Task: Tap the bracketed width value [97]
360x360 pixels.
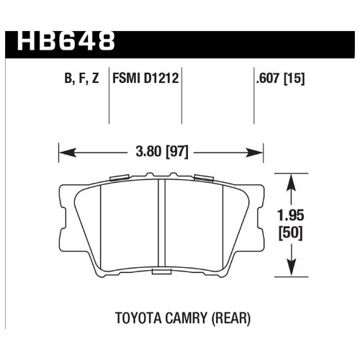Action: (x=175, y=152)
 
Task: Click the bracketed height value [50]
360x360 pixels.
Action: (x=290, y=233)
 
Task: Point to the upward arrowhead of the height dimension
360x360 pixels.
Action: (x=290, y=179)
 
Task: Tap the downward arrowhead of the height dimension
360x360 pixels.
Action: (x=290, y=270)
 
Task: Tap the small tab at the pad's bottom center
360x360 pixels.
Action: (x=161, y=272)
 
